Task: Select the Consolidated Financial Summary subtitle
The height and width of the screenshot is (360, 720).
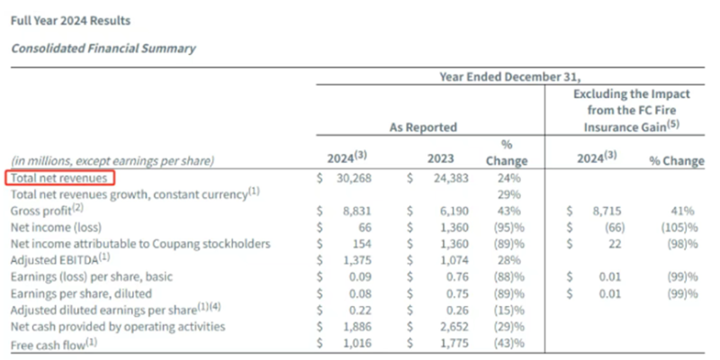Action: pyautogui.click(x=103, y=48)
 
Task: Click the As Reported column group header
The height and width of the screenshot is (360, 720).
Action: pyautogui.click(x=423, y=128)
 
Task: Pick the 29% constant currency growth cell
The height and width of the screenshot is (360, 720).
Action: pyautogui.click(x=509, y=193)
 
